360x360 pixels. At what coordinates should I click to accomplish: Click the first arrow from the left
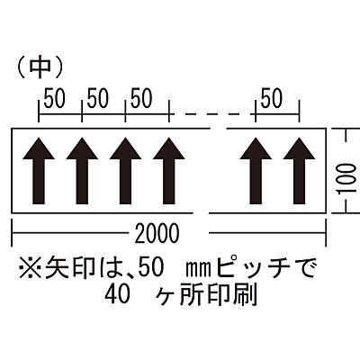click(39, 171)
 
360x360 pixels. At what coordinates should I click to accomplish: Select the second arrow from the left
click(82, 171)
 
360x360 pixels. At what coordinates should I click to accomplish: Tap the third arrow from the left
click(125, 171)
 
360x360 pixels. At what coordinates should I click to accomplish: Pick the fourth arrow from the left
click(169, 171)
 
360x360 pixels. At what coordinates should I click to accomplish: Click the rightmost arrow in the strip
click(299, 171)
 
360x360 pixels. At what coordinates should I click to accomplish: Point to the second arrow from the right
click(256, 171)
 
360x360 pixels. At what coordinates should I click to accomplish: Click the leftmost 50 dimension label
click(54, 99)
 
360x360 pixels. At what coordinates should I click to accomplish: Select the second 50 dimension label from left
click(98, 99)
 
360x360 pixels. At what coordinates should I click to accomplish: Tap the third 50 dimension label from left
click(141, 99)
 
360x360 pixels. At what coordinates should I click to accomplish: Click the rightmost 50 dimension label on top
click(272, 98)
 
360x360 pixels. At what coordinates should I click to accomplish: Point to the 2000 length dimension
click(157, 233)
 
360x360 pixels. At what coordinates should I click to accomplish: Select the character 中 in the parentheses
click(40, 67)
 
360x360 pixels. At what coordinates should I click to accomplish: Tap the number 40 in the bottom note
click(118, 294)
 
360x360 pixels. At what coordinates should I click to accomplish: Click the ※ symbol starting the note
click(30, 267)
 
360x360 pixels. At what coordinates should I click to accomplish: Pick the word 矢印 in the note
click(68, 267)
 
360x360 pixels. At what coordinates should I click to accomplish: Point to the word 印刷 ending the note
click(234, 294)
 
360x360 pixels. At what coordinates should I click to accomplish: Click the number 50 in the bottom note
click(151, 267)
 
